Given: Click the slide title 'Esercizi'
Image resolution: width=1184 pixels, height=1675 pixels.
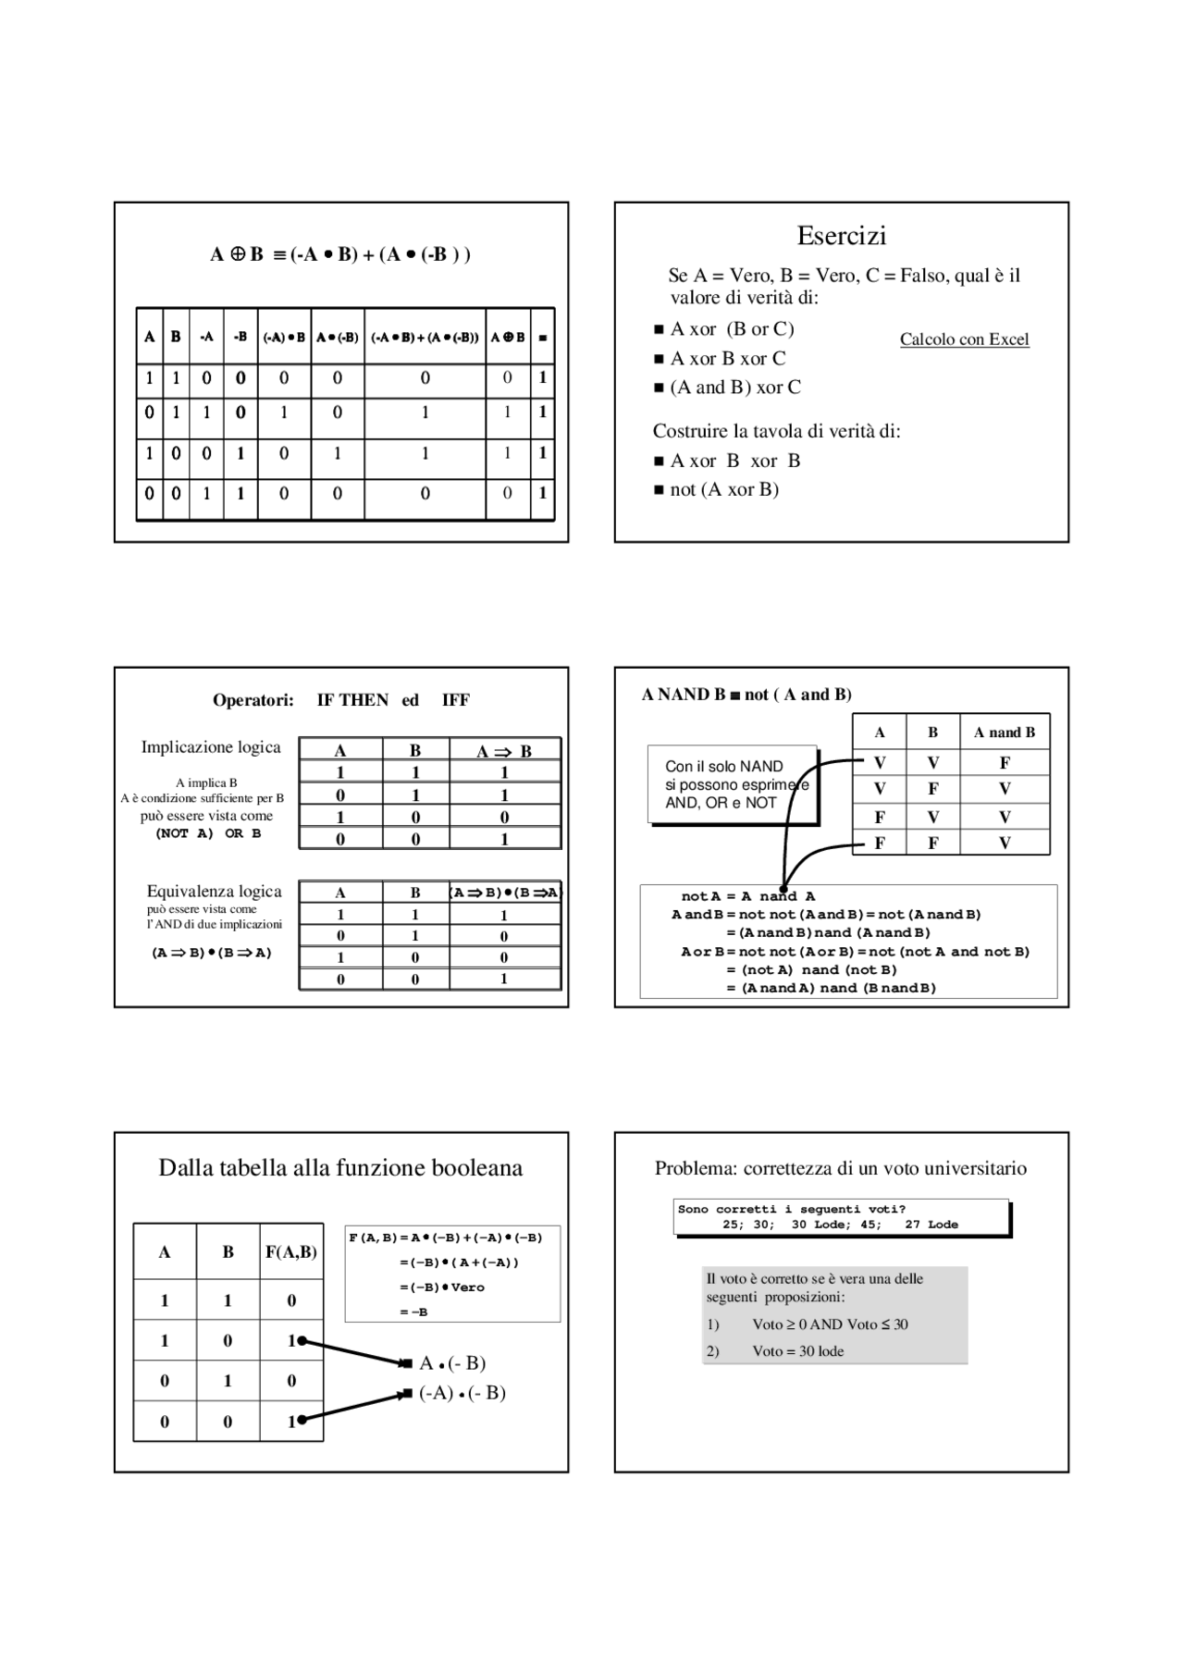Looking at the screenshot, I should click(841, 236).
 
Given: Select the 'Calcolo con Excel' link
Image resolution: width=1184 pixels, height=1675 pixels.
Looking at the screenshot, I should click(964, 339).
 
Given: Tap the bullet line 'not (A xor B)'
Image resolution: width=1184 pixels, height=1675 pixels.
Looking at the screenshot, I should click(723, 489).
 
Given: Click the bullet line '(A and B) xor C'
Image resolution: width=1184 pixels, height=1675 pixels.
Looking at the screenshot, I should click(734, 388).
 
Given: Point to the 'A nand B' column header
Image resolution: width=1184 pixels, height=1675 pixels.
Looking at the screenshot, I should click(1004, 733).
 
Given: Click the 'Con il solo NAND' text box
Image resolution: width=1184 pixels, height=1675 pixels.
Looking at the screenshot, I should click(733, 784).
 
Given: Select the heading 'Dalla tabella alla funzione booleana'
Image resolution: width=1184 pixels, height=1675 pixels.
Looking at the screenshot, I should click(340, 1168).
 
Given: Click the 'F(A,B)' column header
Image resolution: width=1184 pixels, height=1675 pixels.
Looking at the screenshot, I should click(291, 1252).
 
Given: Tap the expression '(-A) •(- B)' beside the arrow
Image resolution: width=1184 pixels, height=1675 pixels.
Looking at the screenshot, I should click(462, 1393).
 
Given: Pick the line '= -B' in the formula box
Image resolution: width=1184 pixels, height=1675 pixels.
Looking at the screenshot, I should click(413, 1312).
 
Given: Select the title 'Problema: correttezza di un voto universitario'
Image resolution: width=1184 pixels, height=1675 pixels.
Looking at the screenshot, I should click(840, 1168).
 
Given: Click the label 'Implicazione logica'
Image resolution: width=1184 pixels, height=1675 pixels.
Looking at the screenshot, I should click(211, 747).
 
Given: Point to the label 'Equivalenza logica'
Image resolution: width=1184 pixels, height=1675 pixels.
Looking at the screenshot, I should click(214, 892).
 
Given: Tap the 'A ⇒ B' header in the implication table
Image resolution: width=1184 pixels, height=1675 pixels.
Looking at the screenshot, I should click(504, 751).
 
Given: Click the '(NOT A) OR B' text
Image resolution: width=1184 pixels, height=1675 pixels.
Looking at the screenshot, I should click(208, 833).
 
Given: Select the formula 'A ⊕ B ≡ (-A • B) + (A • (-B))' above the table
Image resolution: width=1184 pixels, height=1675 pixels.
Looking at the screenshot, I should click(340, 254).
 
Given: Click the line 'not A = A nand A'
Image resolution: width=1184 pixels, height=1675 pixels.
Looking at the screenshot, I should click(747, 896).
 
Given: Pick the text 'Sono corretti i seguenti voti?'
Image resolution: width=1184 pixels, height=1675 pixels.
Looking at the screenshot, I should click(791, 1209).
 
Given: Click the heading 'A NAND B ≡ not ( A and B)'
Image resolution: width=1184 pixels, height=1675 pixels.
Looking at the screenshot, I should click(746, 695).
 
